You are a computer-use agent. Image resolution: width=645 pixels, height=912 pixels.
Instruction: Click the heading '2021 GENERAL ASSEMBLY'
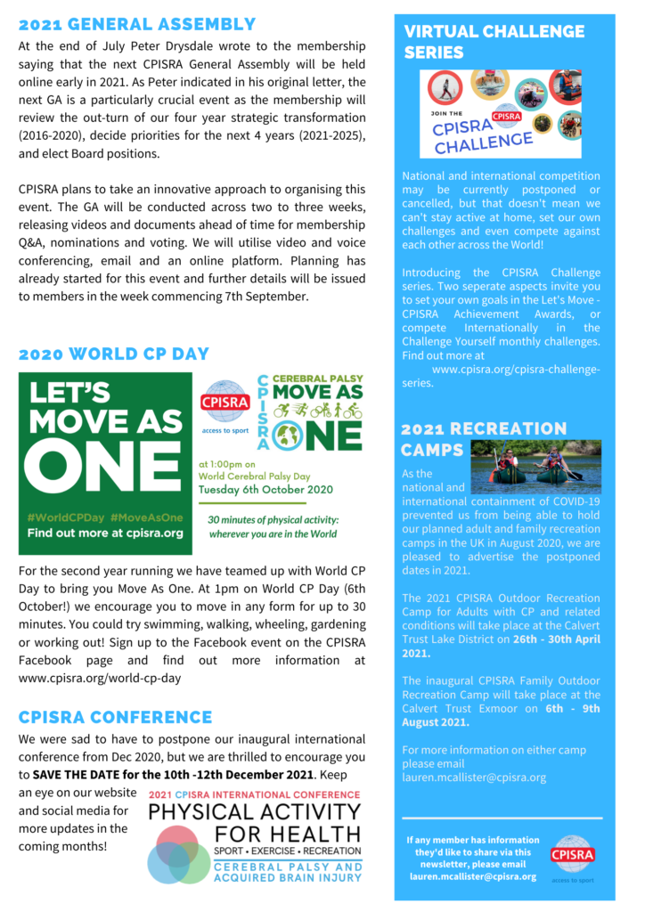coord(136,25)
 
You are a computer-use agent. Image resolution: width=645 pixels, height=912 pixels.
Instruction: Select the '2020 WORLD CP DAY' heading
coord(114,354)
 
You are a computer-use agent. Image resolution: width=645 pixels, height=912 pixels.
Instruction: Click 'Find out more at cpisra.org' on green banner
coord(104,533)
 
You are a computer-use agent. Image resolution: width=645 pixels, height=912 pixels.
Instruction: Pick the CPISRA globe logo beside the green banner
coord(225,404)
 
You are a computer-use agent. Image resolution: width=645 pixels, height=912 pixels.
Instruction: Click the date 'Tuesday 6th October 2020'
coord(265,489)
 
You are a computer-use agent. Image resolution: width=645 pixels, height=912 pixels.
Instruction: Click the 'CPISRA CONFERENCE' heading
coord(115,718)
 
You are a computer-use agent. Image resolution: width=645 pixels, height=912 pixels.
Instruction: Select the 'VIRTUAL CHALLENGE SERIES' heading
coord(494,42)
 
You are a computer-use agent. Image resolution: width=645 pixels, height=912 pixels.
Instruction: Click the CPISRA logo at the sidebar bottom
coord(573,853)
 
